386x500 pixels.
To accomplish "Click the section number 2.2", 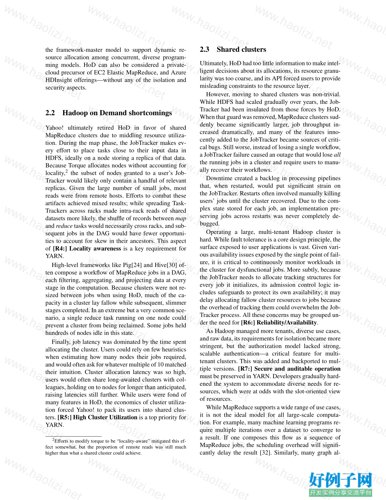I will [50, 113].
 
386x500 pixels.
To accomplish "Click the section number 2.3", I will [204, 50].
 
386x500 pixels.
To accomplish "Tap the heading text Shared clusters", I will [241, 50].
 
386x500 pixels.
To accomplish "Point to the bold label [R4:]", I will [60, 249].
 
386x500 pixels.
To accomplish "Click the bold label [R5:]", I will [64, 417].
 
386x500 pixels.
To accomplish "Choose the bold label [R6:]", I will [248, 323].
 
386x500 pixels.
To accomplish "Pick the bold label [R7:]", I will [245, 369].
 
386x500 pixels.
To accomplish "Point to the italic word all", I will [337, 155].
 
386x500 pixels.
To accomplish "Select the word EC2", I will [100, 73].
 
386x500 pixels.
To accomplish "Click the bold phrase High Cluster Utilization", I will [105, 417].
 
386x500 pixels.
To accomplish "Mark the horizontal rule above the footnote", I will [73, 436].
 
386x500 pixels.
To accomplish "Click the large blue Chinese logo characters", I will [341, 480].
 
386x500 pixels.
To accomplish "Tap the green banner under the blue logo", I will [341, 492].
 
